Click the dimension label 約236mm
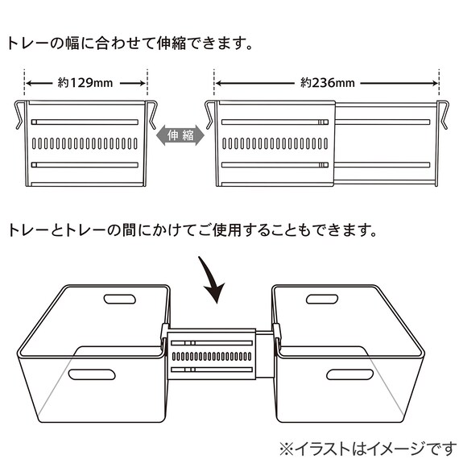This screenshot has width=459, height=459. tap(326, 82)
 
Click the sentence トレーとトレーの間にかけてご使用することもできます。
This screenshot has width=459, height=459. tap(192, 230)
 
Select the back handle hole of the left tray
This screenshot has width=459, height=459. tap(118, 300)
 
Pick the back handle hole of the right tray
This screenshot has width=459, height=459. tap(322, 300)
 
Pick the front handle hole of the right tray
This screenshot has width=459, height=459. tap(347, 374)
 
